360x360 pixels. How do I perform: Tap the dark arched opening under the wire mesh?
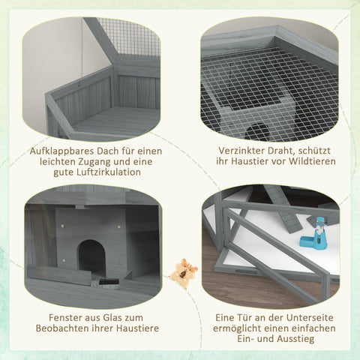point(259,130)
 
